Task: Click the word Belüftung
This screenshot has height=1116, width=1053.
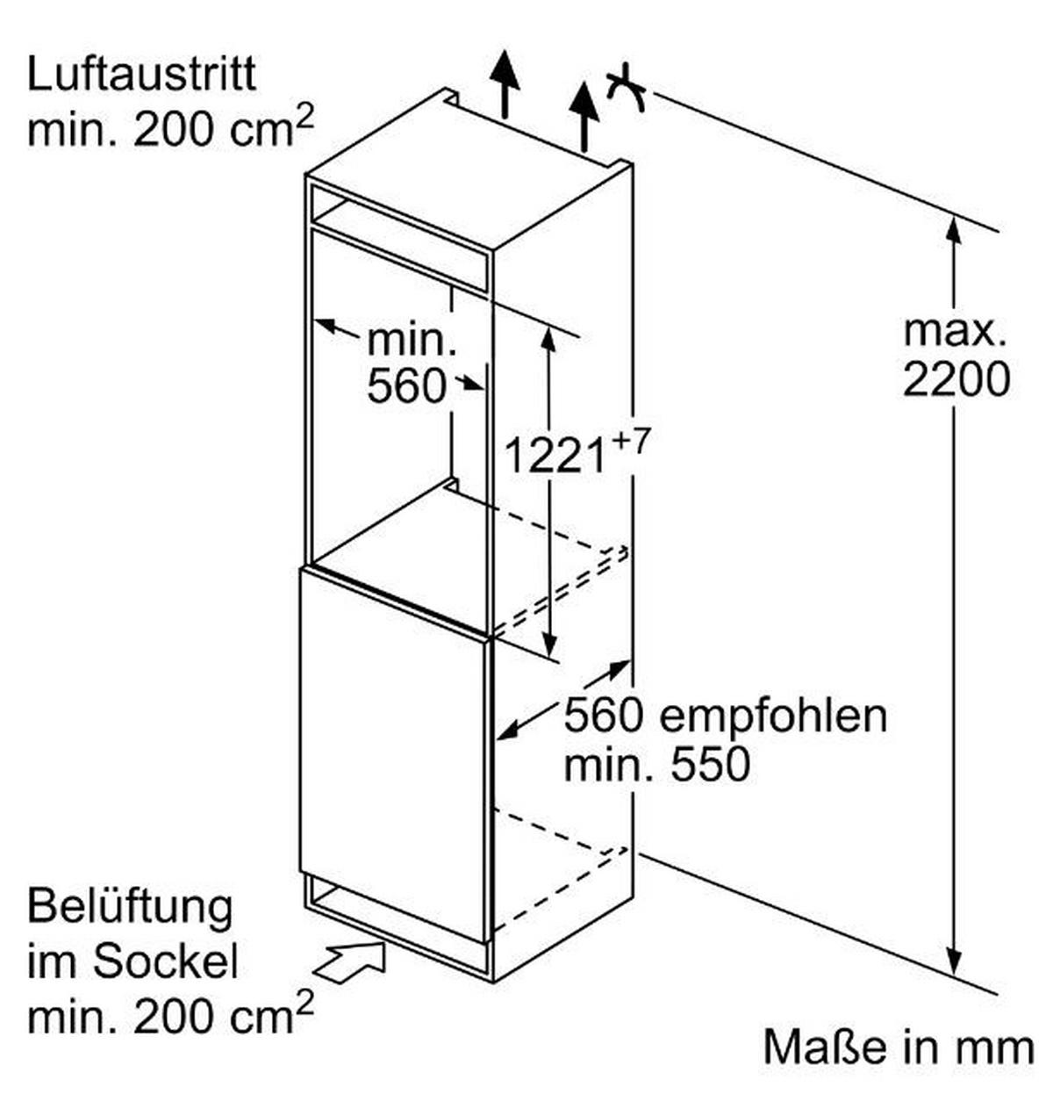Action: pyautogui.click(x=130, y=910)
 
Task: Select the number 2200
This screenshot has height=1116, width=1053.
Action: pyautogui.click(x=956, y=380)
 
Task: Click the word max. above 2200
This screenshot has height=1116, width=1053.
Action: pyautogui.click(x=956, y=332)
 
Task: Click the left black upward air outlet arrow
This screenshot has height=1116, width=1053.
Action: pyautogui.click(x=504, y=83)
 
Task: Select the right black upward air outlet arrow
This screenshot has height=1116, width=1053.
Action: pyautogui.click(x=584, y=116)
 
